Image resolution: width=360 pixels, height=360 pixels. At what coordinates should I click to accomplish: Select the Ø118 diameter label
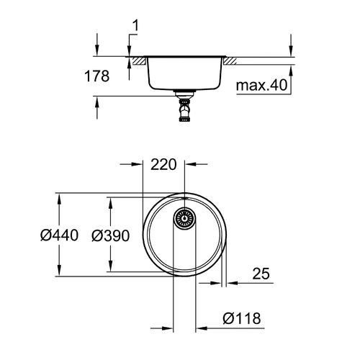tap(241, 318)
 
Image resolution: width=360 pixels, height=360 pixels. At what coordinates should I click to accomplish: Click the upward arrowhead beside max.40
tap(290, 71)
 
